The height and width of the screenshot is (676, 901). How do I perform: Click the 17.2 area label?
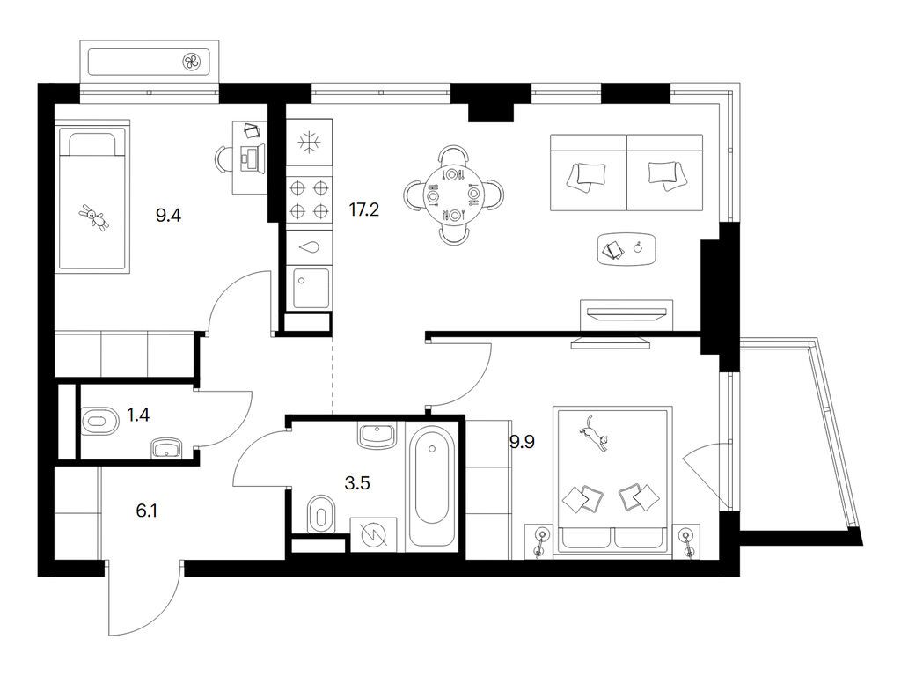pos(364,209)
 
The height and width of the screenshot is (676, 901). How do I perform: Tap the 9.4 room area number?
pos(168,216)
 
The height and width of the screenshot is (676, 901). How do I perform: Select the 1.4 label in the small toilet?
pos(138,415)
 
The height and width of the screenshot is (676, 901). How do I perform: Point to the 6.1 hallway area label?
pos(147,511)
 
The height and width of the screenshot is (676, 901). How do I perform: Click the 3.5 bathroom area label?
pos(357,483)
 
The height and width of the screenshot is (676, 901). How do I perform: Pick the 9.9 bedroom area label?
pos(522,442)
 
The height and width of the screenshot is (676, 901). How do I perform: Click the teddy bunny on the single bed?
pos(93,217)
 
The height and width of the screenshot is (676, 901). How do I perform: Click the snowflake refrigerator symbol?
pos(309,142)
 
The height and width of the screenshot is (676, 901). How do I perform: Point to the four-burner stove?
pos(309,200)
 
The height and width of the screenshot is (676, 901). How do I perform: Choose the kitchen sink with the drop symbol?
pos(309,247)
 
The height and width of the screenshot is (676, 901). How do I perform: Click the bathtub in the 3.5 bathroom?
pos(431,486)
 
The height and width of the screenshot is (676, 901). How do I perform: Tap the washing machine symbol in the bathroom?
pos(373,535)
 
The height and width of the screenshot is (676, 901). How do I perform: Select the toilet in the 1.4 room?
pos(100,421)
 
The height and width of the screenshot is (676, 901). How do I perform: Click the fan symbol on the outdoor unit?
pos(192,62)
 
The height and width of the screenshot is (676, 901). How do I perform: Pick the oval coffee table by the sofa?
pos(626,249)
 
